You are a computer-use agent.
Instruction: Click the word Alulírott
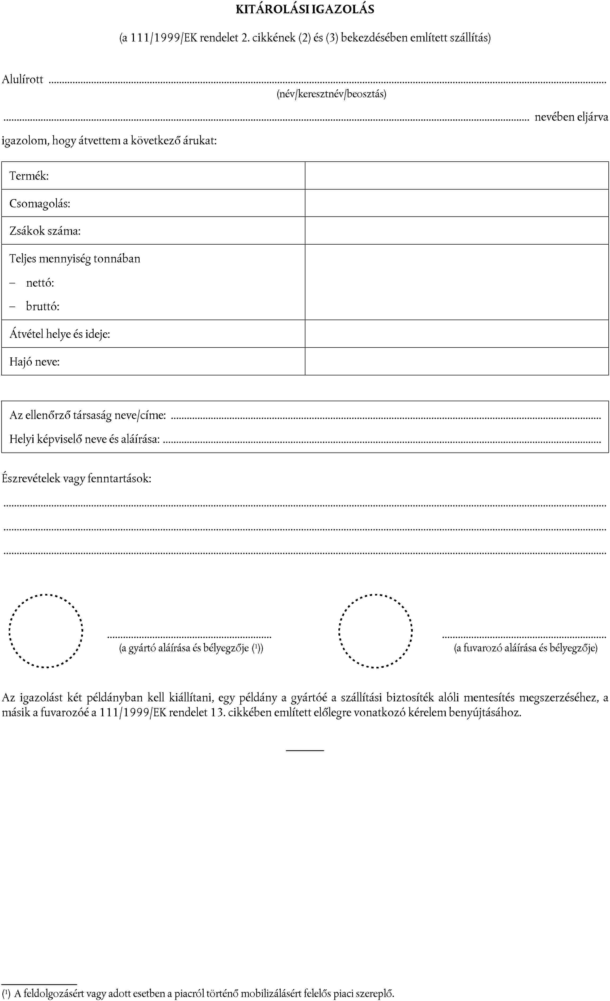(x=23, y=79)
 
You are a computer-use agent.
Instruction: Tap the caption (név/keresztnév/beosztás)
(x=331, y=94)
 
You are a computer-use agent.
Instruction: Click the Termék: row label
(x=29, y=176)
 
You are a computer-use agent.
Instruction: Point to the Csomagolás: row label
(x=40, y=204)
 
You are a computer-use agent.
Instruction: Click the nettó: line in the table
(x=40, y=283)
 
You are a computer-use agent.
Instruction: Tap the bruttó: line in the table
(x=43, y=306)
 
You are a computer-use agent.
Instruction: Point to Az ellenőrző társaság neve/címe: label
(x=88, y=416)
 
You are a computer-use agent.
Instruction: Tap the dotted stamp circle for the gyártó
(x=46, y=631)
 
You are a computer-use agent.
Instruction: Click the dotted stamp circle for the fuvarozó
(x=376, y=631)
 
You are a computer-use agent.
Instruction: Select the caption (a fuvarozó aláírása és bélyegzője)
(x=525, y=648)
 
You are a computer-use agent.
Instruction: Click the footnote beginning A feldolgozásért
(x=203, y=994)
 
